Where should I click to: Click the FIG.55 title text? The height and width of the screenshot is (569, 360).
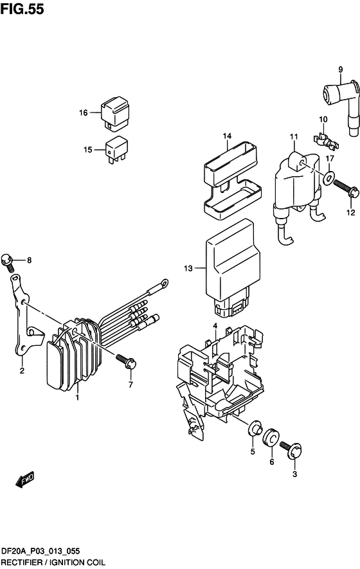22,9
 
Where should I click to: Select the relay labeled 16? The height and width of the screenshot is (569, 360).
116,114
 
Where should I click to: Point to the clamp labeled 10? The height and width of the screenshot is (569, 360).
325,142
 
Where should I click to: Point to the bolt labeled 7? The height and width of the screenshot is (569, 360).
126,361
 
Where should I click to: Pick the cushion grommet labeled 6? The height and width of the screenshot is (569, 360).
271,438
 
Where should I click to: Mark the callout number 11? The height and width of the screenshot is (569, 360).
294,137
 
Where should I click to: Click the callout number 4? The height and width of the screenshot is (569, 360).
215,326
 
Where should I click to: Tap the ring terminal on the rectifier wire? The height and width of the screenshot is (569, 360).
164,282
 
